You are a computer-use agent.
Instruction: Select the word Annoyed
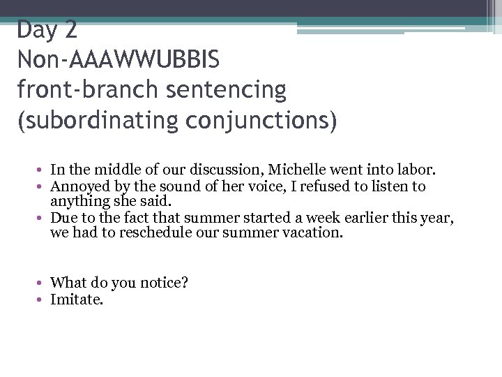tap(77, 186)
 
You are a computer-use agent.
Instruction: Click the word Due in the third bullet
tap(63, 219)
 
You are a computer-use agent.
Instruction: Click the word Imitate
tap(77, 300)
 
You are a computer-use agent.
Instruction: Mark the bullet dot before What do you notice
tap(42, 283)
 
